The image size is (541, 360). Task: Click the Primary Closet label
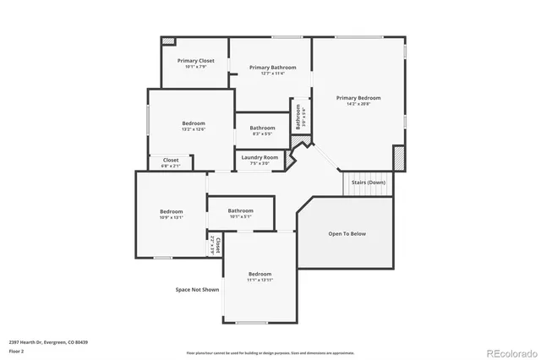194,61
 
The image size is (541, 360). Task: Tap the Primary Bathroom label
272,68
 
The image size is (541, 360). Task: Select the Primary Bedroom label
358,98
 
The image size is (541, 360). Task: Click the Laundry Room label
260,157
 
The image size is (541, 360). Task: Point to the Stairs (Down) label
368,183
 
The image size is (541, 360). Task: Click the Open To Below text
347,233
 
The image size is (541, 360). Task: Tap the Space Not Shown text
197,290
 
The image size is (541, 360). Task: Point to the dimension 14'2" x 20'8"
358,105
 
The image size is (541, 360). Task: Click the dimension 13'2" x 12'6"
194,130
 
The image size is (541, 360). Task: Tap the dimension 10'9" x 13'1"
172,217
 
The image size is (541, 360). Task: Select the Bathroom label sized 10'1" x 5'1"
240,210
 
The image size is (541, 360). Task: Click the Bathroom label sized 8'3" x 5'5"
262,128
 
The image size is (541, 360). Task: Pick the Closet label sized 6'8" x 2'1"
171,160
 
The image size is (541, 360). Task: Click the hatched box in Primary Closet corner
168,41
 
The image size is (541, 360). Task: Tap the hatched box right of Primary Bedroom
399,158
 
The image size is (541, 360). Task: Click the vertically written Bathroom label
298,117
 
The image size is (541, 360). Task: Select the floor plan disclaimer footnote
270,352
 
